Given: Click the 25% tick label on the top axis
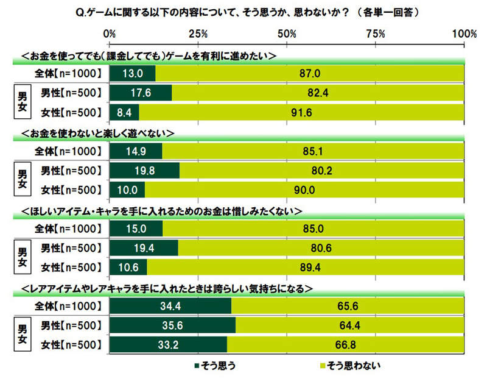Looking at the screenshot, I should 198,33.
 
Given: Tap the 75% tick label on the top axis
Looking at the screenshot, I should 376,33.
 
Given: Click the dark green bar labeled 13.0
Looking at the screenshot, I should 133,74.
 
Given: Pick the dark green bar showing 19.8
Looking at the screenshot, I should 145,170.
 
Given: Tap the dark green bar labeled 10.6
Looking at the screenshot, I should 128,266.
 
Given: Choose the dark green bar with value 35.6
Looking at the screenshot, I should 172,325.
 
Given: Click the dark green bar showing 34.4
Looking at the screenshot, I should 170,306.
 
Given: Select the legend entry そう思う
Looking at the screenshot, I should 217,365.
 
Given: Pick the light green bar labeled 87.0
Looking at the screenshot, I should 310,74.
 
